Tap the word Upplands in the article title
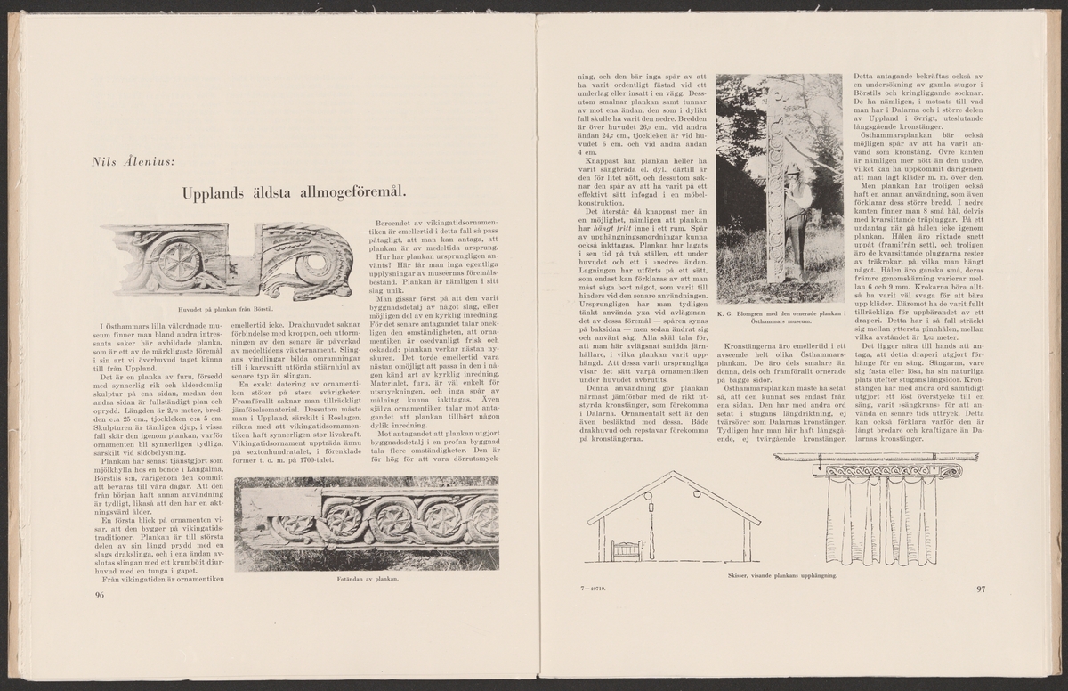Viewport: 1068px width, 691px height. (x=216, y=192)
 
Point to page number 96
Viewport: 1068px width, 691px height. (x=100, y=595)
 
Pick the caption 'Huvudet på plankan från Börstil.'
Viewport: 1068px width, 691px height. (x=230, y=309)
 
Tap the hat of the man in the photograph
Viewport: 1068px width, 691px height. (x=790, y=168)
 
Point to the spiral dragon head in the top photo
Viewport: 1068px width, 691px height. (x=316, y=259)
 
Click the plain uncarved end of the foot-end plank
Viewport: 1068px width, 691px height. (x=263, y=507)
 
